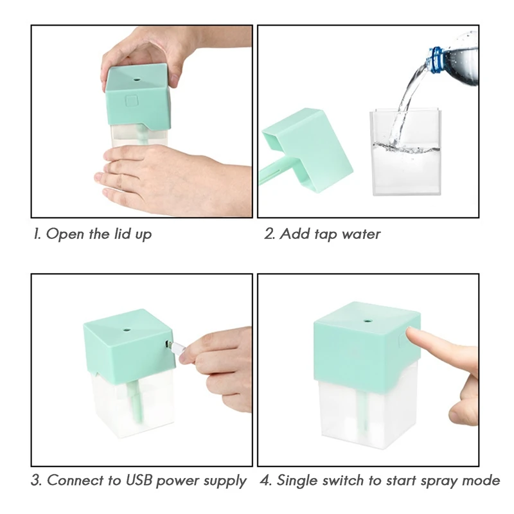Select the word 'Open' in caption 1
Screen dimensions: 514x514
[x=66, y=234]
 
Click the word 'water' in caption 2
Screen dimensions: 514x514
[x=361, y=234]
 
